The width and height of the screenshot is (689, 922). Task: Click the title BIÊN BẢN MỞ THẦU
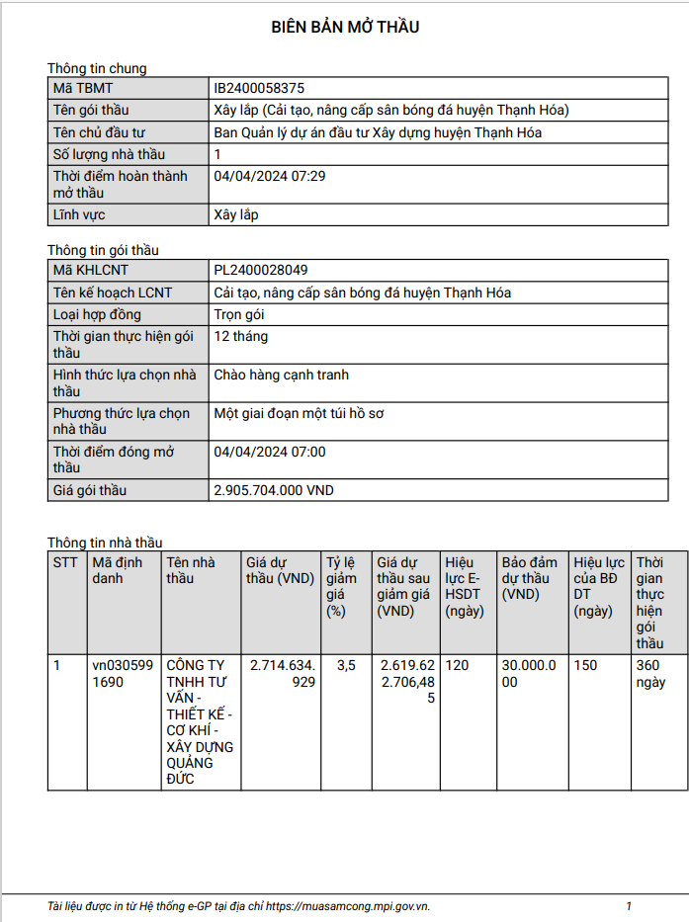click(x=345, y=28)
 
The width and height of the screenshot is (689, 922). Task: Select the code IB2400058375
click(x=266, y=89)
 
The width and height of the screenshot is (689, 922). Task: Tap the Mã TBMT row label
click(x=82, y=89)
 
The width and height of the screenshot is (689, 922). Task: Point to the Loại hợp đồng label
click(x=97, y=314)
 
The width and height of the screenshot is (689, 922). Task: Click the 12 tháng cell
click(x=241, y=336)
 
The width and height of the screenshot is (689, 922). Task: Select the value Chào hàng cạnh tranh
click(x=282, y=376)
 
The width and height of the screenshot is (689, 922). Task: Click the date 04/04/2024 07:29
click(x=270, y=176)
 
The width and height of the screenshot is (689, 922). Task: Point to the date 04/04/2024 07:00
click(x=270, y=453)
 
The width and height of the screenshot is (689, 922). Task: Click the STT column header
click(x=65, y=562)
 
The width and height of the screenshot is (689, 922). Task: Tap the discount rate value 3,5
click(x=346, y=666)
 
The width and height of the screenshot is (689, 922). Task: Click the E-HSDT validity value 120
click(x=458, y=666)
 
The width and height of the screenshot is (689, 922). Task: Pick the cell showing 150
click(x=585, y=666)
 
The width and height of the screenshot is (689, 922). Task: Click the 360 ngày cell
click(x=650, y=674)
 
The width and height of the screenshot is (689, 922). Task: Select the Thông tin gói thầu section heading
click(x=103, y=251)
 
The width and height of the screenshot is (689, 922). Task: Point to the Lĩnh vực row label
click(x=80, y=214)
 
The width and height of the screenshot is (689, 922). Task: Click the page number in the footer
click(x=629, y=906)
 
